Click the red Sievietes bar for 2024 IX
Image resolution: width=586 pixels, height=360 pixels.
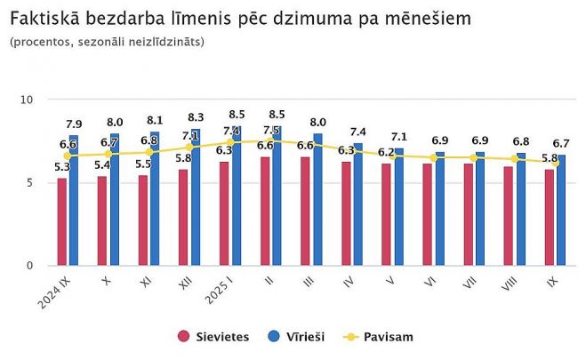click(x=61, y=222)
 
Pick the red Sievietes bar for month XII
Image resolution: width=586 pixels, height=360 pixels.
click(x=183, y=218)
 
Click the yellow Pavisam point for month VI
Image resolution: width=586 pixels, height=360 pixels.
click(x=433, y=157)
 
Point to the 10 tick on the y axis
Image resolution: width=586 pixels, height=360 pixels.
click(x=27, y=100)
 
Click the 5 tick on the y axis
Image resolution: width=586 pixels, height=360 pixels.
click(x=29, y=183)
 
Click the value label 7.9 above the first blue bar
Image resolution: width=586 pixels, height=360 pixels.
click(x=75, y=124)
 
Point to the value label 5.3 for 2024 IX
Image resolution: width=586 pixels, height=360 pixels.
click(x=61, y=167)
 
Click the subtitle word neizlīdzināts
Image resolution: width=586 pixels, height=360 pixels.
click(x=165, y=42)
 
